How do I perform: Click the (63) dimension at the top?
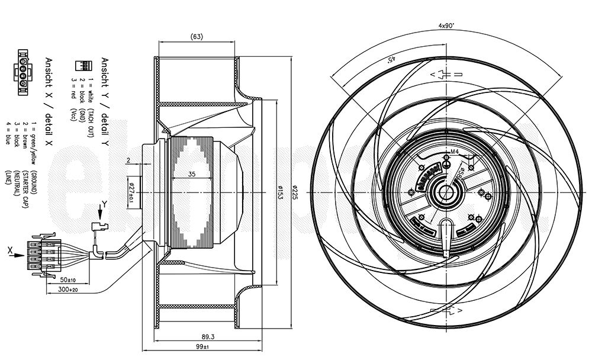197,37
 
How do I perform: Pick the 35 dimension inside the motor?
192,174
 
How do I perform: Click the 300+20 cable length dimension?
69,291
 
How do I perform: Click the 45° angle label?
391,60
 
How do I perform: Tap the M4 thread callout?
455,152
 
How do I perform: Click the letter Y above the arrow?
104,204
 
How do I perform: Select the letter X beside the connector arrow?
10,251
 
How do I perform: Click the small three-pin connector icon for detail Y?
81,66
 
